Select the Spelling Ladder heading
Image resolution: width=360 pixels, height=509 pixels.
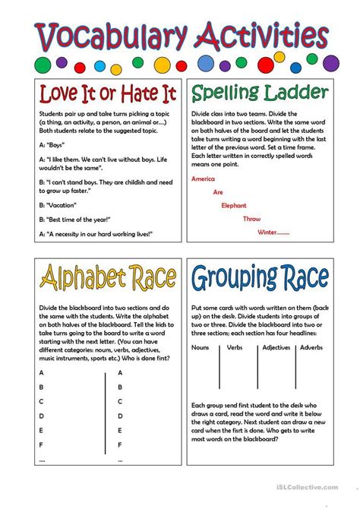(x=260, y=94)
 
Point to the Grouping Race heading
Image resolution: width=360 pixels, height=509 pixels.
(x=260, y=278)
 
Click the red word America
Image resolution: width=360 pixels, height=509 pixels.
(x=204, y=179)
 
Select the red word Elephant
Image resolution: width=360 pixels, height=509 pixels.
(x=234, y=205)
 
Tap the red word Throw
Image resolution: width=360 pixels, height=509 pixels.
(x=251, y=219)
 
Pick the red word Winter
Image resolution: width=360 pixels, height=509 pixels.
(x=273, y=232)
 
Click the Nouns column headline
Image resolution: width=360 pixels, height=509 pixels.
(x=201, y=349)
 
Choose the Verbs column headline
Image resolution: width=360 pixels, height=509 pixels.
(x=235, y=349)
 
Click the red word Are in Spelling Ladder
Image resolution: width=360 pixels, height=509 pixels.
(x=218, y=192)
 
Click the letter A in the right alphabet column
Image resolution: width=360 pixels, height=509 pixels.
(x=121, y=373)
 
